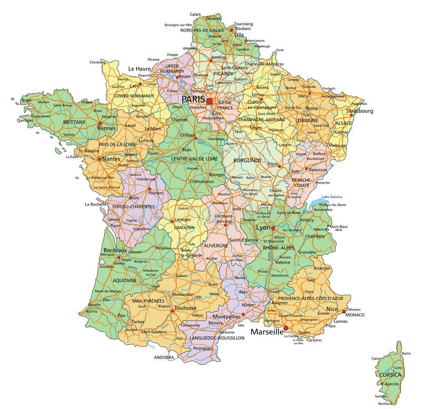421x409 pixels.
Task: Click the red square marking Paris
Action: click(209, 101)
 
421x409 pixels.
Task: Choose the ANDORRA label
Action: click(164, 357)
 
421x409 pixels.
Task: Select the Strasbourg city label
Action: click(359, 111)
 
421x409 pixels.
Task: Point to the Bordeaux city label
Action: click(116, 250)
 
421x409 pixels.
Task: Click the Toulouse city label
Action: click(186, 308)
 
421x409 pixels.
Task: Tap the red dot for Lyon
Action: click(274, 228)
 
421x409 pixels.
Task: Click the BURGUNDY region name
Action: click(247, 160)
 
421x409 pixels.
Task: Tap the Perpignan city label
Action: click(203, 348)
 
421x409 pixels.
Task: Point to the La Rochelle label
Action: click(95, 204)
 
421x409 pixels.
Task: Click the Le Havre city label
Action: click(139, 69)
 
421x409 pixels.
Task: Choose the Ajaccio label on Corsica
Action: click(392, 384)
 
